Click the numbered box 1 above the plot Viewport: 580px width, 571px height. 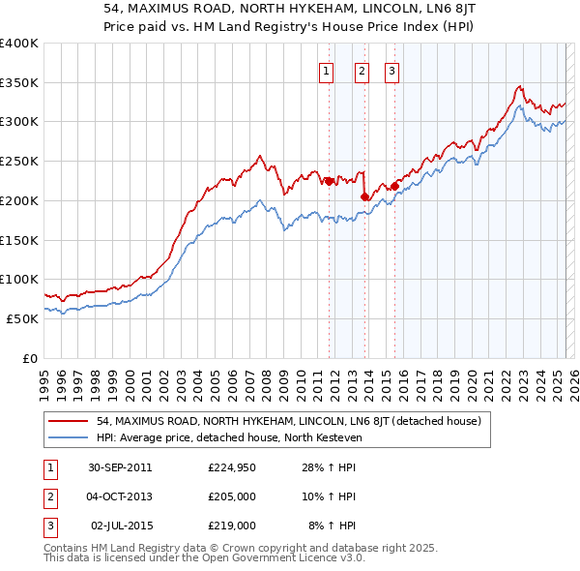pos(326,71)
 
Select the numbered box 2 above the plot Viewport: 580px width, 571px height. pos(361,71)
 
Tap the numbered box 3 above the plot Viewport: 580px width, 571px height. pos(391,71)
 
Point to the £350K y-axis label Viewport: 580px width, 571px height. pos(19,83)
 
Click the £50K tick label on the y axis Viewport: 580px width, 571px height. pos(22,318)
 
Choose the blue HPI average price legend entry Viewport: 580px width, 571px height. pos(228,437)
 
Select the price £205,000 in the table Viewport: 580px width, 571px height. pos(232,497)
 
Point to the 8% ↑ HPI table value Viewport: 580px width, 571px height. pos(333,526)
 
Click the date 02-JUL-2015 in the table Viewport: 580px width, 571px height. pos(119,526)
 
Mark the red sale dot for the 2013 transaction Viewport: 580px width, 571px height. pos(364,196)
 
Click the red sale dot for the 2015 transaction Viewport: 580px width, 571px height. pos(395,186)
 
